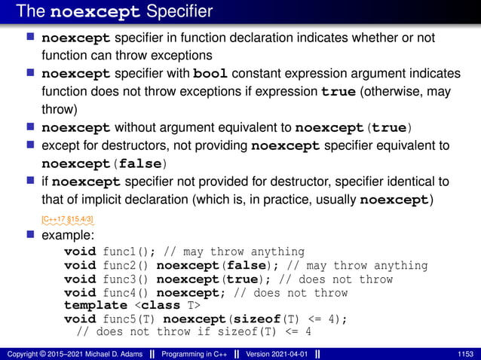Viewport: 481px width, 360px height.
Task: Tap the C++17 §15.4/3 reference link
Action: pos(67,219)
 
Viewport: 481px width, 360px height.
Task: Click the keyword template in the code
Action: pos(96,305)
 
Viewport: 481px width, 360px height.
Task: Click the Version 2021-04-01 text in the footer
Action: pos(277,354)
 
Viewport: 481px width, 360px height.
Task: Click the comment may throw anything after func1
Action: pos(257,252)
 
